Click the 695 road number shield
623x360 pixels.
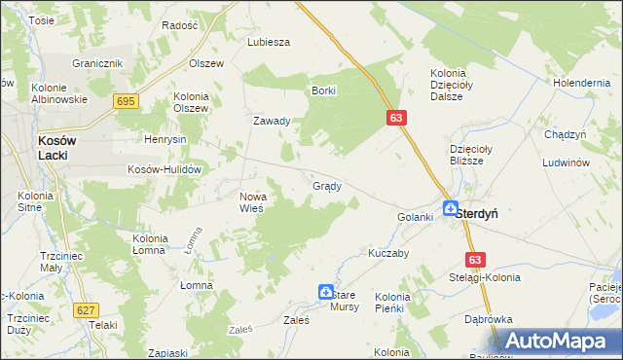[126, 101]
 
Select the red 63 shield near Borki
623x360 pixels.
[395, 118]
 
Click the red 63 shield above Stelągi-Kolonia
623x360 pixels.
[474, 260]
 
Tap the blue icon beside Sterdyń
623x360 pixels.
[451, 208]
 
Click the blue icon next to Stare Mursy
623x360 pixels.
[326, 291]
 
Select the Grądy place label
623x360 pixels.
[326, 186]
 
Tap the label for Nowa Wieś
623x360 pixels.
[259, 202]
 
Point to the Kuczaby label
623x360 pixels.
[386, 251]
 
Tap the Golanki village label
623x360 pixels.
[415, 217]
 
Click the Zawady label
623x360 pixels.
[272, 122]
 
